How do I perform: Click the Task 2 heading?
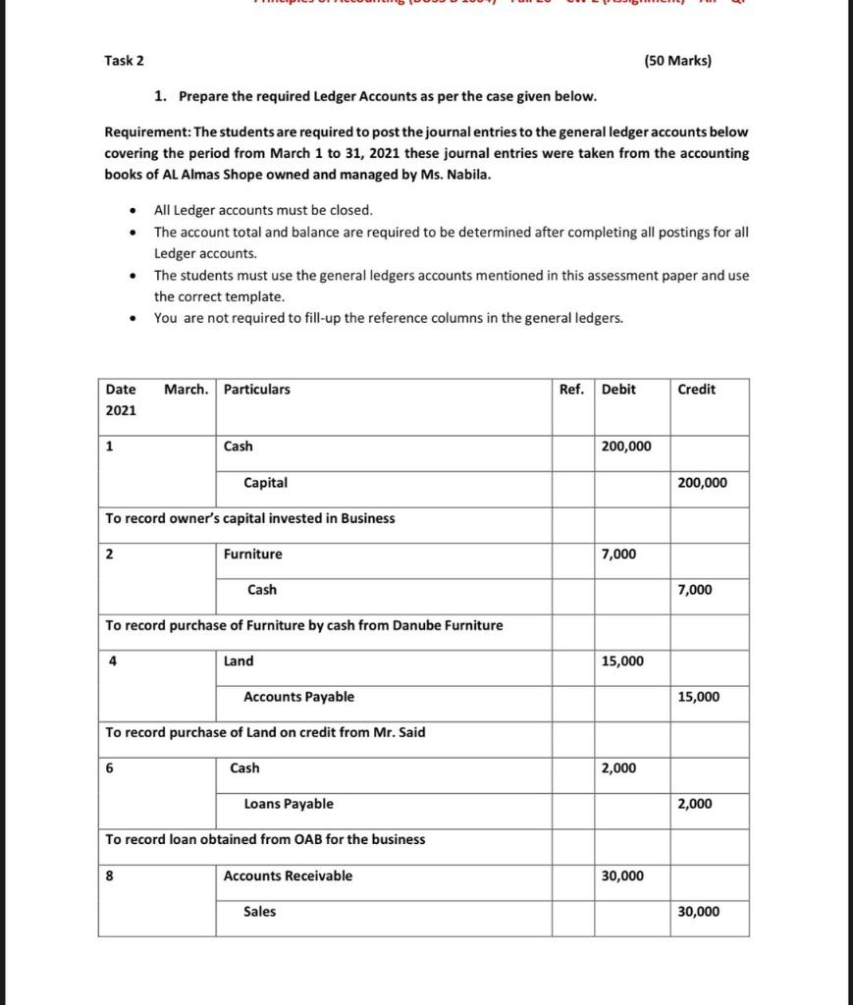[x=124, y=61]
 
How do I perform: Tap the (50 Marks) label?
[x=678, y=61]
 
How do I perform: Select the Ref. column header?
[x=571, y=390]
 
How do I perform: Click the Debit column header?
[x=618, y=390]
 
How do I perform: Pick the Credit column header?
[x=696, y=390]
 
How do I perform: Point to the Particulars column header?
[x=257, y=390]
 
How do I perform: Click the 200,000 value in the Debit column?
[x=626, y=447]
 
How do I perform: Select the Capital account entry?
[x=265, y=483]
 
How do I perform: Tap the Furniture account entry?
[x=252, y=555]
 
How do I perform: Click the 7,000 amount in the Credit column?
[x=695, y=590]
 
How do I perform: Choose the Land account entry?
[x=239, y=661]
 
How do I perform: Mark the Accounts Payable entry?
[x=298, y=697]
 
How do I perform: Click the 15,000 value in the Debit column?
[x=622, y=661]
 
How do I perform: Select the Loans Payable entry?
[x=288, y=804]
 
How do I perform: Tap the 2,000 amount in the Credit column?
[x=695, y=804]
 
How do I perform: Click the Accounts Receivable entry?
[x=288, y=875]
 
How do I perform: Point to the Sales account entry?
[x=259, y=912]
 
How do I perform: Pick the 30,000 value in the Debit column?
[x=622, y=875]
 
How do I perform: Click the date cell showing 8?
[x=110, y=875]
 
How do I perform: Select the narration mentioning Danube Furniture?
[x=303, y=625]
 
